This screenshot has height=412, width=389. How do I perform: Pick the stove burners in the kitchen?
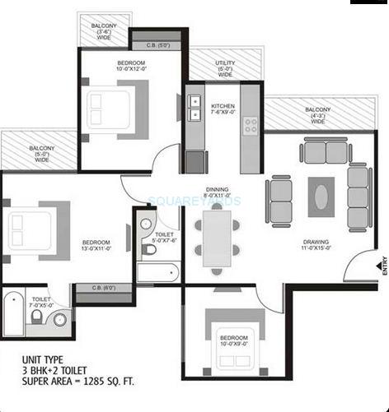pos(250,126)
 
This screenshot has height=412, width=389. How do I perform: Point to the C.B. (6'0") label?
pos(100,288)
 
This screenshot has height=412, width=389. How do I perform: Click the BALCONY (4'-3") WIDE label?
pos(318,114)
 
